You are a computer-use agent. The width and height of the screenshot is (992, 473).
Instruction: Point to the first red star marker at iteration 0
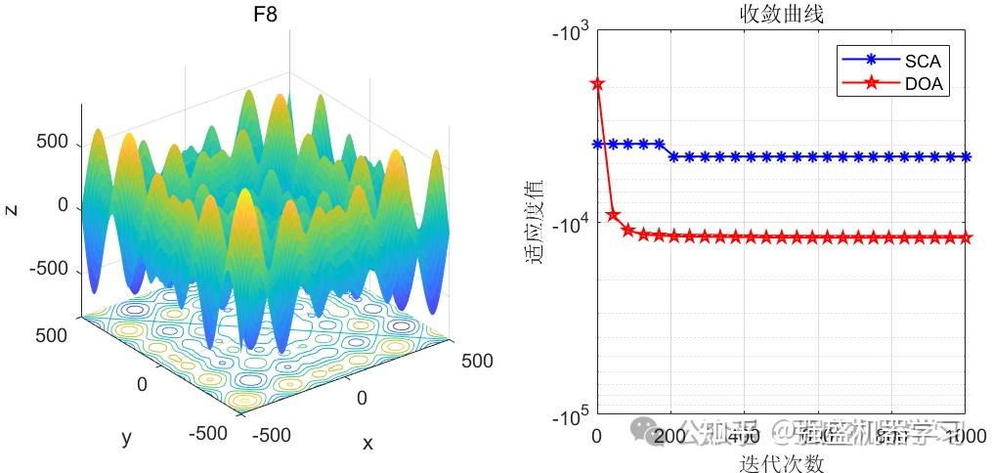point(597,84)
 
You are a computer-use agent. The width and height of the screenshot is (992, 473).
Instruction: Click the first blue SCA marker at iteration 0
point(597,144)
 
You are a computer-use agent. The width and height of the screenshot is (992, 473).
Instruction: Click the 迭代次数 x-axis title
point(781,461)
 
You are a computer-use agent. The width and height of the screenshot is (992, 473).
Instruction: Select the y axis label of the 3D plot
point(126,437)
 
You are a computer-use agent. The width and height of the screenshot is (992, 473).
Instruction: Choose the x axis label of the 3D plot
point(367,443)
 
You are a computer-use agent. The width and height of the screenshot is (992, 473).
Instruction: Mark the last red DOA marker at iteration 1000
point(966,237)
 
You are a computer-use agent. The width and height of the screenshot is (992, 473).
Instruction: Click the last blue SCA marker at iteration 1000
point(966,156)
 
